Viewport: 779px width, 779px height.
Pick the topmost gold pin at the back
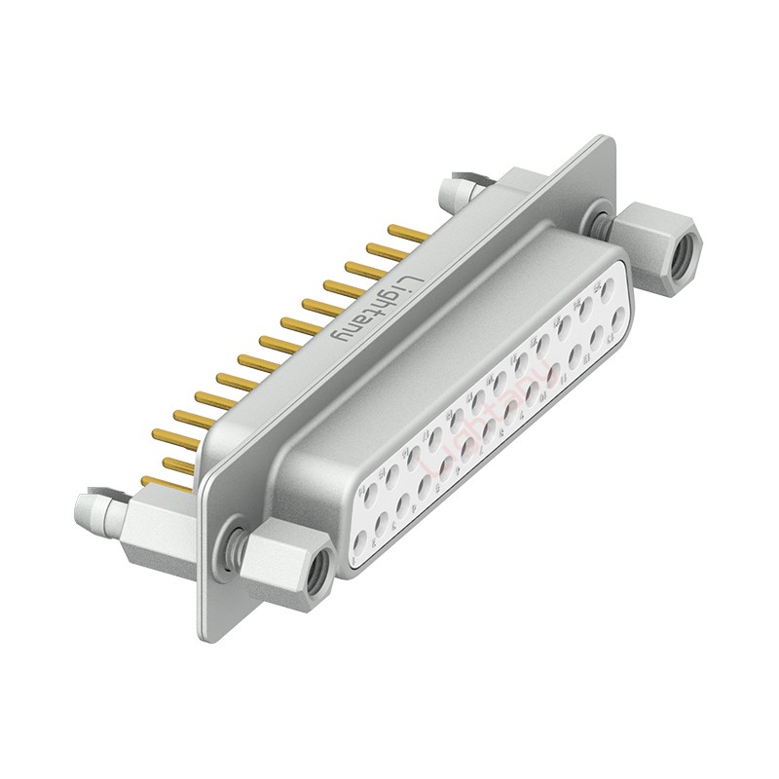tap(407, 232)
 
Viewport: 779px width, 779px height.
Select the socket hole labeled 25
tap(608, 289)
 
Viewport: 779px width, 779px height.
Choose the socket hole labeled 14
tap(370, 496)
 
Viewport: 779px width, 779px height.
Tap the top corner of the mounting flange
tap(609, 142)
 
